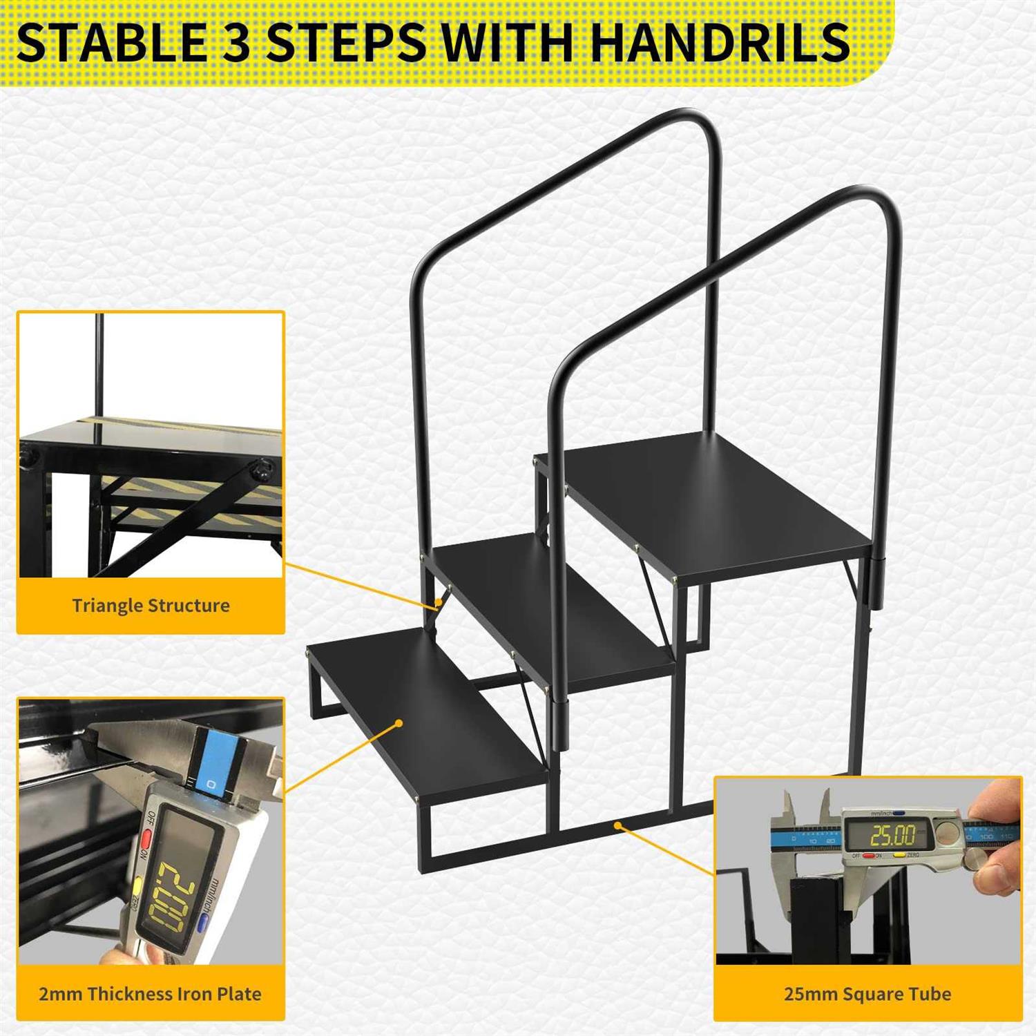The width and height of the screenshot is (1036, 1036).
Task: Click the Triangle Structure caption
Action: [x=151, y=606]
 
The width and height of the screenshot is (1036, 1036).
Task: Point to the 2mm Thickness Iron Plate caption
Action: [x=150, y=994]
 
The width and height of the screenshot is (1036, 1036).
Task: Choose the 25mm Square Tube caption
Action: [x=867, y=994]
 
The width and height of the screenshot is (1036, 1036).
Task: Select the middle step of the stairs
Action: [x=553, y=608]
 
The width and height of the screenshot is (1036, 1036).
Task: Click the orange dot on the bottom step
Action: [x=399, y=723]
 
